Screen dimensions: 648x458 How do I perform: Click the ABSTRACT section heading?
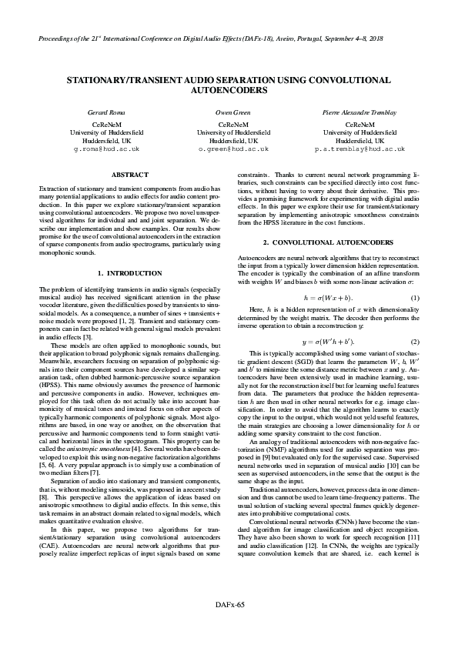click(x=130, y=175)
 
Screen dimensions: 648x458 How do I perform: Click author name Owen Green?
click(x=229, y=112)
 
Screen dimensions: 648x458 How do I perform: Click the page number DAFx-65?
click(x=229, y=627)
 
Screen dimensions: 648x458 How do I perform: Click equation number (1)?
click(x=415, y=297)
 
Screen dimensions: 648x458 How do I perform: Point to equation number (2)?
click(x=415, y=341)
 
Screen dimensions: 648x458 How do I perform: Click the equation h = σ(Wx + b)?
click(x=328, y=297)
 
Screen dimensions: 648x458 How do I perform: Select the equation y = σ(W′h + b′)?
click(x=328, y=341)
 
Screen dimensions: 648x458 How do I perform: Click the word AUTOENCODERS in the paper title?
click(x=229, y=90)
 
